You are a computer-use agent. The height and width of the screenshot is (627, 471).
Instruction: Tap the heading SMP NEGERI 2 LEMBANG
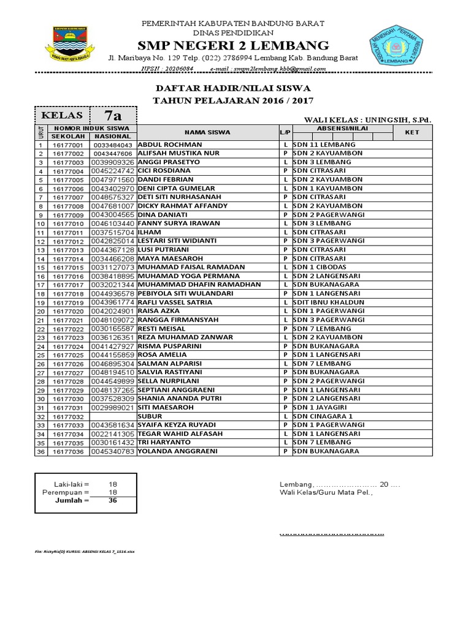[233, 46]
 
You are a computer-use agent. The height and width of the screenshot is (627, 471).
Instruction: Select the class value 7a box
[113, 116]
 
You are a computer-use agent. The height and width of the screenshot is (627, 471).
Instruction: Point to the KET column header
[412, 132]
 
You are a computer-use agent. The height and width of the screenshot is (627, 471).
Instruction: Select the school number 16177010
[67, 224]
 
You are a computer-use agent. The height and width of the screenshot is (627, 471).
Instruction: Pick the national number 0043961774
[113, 302]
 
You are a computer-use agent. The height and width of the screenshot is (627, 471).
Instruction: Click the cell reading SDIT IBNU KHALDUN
[329, 302]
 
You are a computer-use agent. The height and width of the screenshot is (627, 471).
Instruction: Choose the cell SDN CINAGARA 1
[323, 416]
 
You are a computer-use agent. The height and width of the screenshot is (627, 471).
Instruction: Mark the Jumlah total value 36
[113, 500]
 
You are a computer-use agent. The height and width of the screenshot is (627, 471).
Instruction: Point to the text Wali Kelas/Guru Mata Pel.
[326, 492]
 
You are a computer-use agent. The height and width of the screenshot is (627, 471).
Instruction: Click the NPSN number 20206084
[178, 69]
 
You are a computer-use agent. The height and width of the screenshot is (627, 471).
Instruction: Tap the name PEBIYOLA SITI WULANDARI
[185, 294]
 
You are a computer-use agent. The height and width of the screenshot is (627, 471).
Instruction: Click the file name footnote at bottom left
[85, 552]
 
